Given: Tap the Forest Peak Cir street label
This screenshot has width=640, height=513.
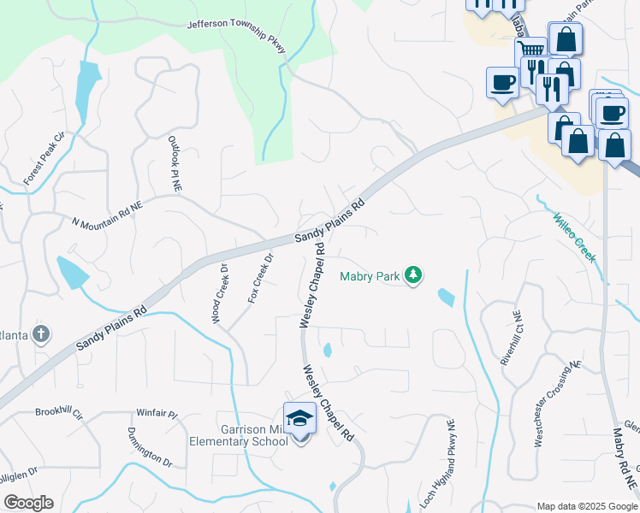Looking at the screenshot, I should [44, 159].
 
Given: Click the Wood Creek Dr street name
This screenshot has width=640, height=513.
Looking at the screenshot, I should [220, 292].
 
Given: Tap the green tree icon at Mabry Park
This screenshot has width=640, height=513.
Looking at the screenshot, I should [414, 274].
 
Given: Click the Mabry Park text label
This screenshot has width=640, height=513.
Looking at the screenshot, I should [370, 276].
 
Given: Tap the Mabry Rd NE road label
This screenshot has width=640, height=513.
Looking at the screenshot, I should [623, 459].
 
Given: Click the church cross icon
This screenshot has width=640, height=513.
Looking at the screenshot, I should [40, 333].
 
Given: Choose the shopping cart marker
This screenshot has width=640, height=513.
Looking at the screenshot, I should [531, 51].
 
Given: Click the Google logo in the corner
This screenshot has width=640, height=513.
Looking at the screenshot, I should [28, 503].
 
